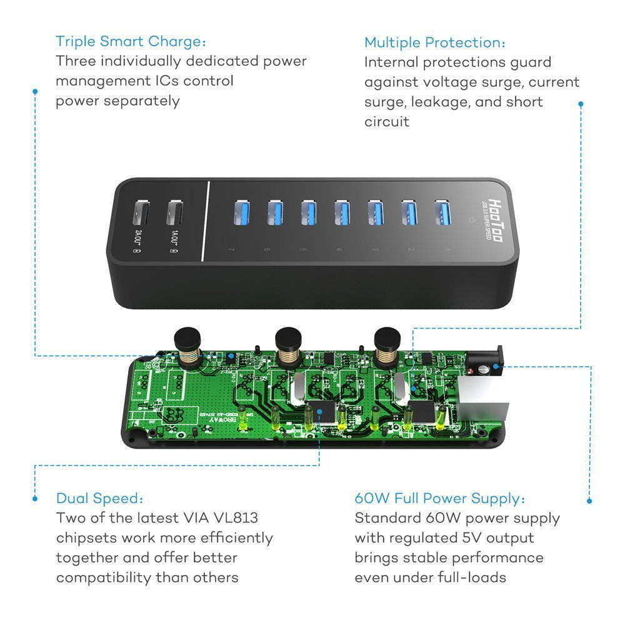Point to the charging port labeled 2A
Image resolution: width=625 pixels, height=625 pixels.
click(x=140, y=214)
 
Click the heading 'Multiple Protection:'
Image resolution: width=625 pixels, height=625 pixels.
click(x=435, y=42)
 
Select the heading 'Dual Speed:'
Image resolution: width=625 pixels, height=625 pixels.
click(x=100, y=498)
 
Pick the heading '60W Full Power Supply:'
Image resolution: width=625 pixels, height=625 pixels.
click(x=440, y=498)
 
